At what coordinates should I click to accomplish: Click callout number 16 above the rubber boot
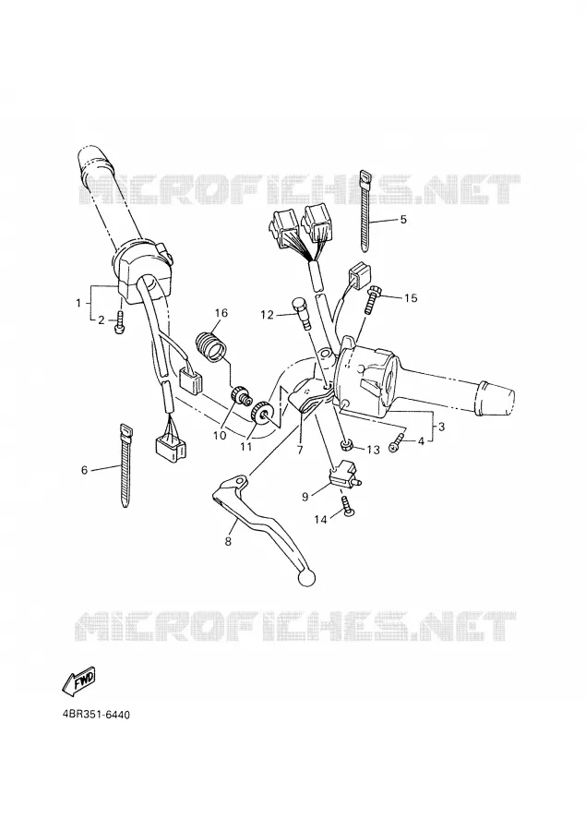221,313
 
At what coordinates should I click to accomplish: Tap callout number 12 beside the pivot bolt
268,316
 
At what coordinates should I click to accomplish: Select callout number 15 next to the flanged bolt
411,298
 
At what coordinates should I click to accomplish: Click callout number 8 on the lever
228,542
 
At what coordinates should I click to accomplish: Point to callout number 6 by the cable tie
84,470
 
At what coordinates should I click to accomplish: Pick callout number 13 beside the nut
374,450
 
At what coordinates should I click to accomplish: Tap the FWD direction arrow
79,680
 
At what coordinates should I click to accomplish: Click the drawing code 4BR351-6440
96,715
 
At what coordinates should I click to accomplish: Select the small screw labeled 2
120,324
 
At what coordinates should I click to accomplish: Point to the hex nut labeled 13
346,445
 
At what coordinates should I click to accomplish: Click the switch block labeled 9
344,476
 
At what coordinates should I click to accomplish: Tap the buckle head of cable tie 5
365,178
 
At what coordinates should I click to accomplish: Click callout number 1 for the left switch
78,303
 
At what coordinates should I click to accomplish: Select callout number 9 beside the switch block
305,497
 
